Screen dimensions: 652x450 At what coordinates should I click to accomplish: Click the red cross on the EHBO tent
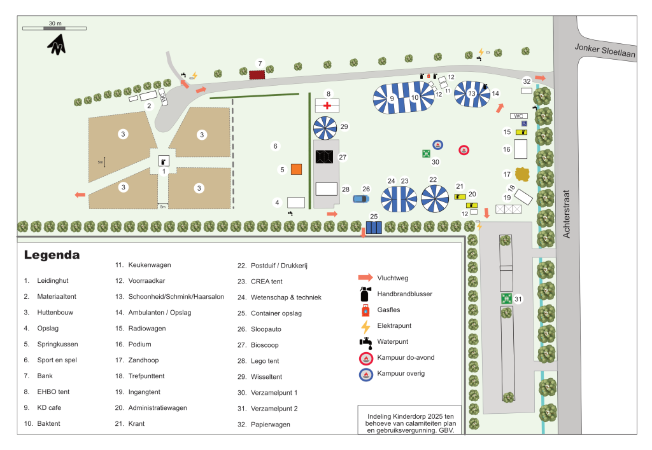pos(327,106)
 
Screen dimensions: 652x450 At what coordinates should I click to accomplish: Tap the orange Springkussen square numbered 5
pos(296,169)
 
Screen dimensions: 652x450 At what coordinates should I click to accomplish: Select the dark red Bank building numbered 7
pos(257,75)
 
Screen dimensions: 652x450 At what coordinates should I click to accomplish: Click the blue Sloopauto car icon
pos(361,199)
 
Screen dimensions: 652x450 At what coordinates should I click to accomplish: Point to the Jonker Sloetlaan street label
pos(605,51)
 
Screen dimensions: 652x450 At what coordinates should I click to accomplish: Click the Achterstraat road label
pos(566,214)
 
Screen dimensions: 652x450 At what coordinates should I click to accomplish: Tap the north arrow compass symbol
pos(57,44)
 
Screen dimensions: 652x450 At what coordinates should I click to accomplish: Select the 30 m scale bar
pos(55,28)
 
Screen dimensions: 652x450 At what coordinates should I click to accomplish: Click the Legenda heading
pos(52,255)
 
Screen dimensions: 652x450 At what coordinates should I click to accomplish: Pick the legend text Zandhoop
pos(143,360)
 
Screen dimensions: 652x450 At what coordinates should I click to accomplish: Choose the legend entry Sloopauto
pos(266,329)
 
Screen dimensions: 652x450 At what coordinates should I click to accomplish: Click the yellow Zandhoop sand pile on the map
pos(522,174)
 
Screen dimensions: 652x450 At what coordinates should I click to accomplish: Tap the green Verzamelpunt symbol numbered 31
pos(506,298)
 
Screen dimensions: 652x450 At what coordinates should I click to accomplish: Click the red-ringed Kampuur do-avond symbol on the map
pos(464,150)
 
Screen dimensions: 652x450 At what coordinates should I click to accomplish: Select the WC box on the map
pos(518,116)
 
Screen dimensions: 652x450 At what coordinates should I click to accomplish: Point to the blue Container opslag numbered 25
pos(374,228)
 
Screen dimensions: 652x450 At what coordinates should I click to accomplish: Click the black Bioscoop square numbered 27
pos(324,157)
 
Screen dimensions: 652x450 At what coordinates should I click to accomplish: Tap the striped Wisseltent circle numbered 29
pos(325,128)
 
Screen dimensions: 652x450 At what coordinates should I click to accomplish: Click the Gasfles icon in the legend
pos(365,310)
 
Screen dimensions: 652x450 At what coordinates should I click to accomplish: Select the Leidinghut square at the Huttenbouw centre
pos(164,161)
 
